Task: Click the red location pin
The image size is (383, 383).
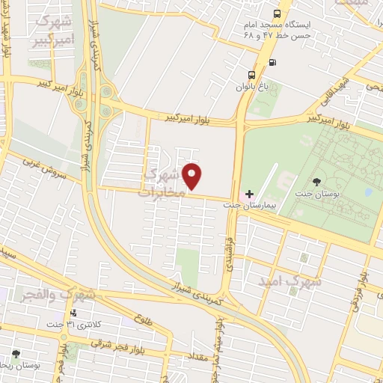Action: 193,176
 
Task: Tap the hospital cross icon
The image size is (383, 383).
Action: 250,194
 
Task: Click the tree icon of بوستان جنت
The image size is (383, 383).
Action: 317,182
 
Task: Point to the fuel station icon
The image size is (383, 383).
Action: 271,62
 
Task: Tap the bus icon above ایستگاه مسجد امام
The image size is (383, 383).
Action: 278,13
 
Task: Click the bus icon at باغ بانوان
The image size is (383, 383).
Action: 251,75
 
